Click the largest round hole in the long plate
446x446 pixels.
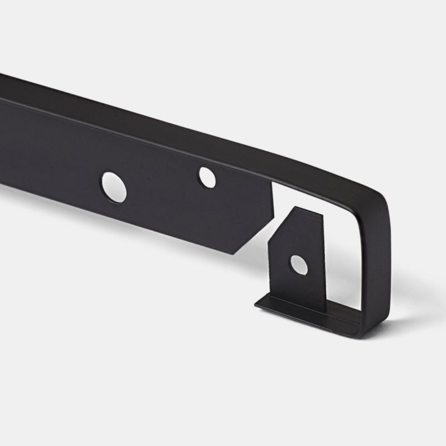coord(114,187)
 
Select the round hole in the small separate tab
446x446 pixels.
coord(299,265)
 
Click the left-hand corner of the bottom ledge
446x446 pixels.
coord(256,304)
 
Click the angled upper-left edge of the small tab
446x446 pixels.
coord(281,223)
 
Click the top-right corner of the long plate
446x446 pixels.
coord(273,185)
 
